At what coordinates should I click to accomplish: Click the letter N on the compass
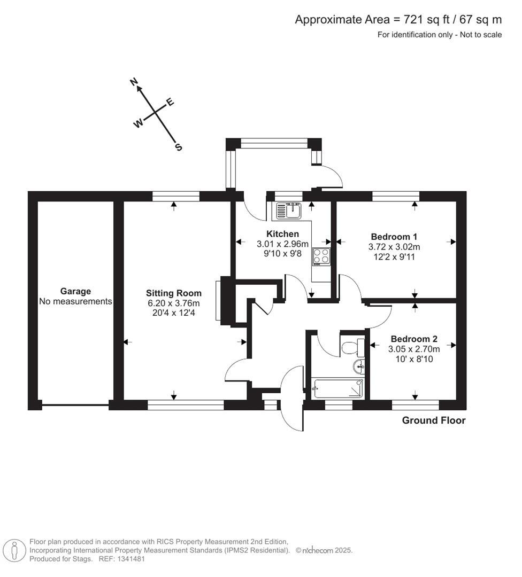[135, 82]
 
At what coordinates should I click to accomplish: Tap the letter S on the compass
[179, 147]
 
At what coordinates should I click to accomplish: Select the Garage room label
[75, 291]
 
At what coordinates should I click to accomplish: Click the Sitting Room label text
[174, 293]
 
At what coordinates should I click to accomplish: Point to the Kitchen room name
[282, 234]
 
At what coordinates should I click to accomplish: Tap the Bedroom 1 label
[394, 237]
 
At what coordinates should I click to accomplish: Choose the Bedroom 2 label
[414, 339]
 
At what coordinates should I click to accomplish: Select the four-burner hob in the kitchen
[321, 257]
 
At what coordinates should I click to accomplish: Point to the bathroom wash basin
[359, 367]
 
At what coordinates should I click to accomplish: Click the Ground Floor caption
[434, 420]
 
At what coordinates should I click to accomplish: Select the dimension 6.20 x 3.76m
[174, 303]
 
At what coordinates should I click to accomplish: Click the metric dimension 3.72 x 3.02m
[394, 247]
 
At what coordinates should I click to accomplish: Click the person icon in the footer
[14, 550]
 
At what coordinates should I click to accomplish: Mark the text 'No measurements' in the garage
[75, 301]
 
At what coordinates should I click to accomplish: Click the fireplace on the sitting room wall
[219, 300]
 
